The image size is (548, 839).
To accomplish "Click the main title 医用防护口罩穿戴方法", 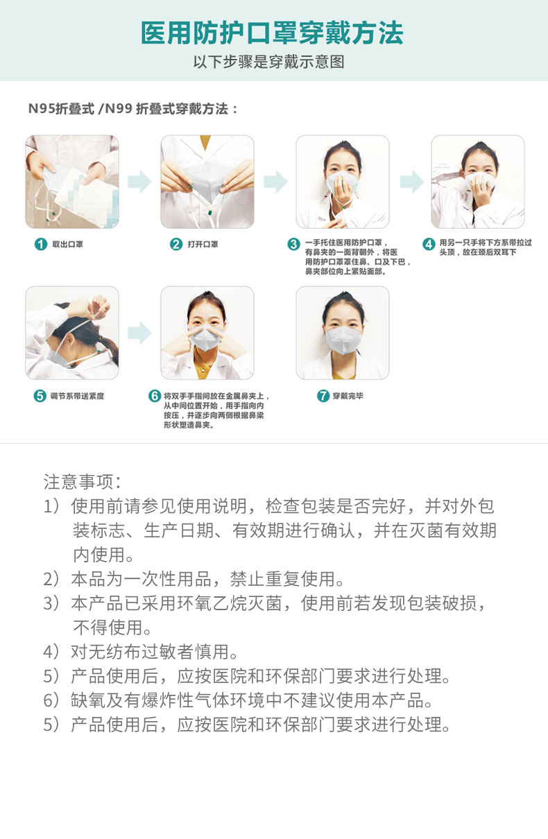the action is click(x=272, y=33).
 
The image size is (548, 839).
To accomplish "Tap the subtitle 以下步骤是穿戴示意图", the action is click(x=268, y=62).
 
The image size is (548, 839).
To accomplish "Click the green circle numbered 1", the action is click(x=40, y=244).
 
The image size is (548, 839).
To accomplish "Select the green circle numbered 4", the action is click(x=429, y=244).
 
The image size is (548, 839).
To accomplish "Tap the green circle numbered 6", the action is click(x=155, y=396).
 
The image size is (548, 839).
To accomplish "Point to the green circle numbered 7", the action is click(x=323, y=396).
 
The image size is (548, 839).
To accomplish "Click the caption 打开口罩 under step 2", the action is click(x=203, y=244).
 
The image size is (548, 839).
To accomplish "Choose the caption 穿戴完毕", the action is click(x=348, y=396).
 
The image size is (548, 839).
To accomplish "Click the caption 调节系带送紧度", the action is click(x=77, y=396).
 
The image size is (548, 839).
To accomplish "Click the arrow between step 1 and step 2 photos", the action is click(x=139, y=182).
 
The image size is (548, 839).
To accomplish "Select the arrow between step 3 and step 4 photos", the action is click(x=411, y=182).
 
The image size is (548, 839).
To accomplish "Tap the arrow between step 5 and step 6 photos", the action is click(x=139, y=333).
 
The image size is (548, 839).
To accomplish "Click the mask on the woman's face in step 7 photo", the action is click(x=343, y=340).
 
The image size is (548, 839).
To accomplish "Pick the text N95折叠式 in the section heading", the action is click(x=62, y=109).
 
